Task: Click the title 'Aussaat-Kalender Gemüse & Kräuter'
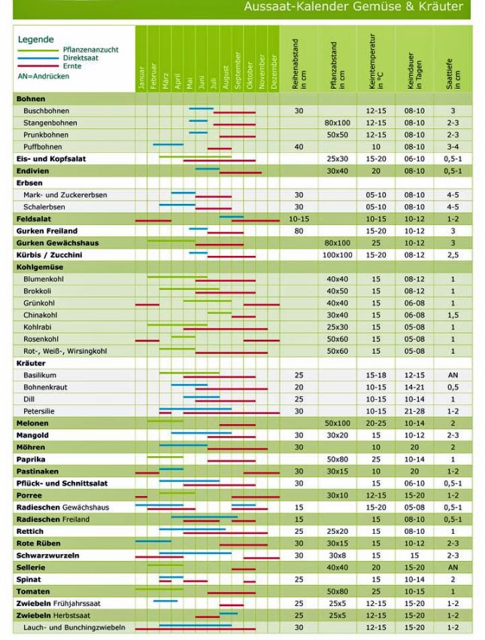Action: click(353, 8)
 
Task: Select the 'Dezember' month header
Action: click(274, 72)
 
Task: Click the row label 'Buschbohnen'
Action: click(44, 111)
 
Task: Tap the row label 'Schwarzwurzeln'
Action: click(48, 556)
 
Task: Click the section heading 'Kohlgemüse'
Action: click(38, 267)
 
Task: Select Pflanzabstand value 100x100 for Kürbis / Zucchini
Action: click(338, 255)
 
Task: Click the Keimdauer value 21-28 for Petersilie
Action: click(414, 411)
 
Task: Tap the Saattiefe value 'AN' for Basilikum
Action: click(453, 375)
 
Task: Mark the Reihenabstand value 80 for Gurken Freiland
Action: click(299, 231)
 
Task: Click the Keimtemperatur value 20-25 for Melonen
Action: click(375, 423)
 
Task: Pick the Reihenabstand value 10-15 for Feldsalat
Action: click(299, 219)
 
